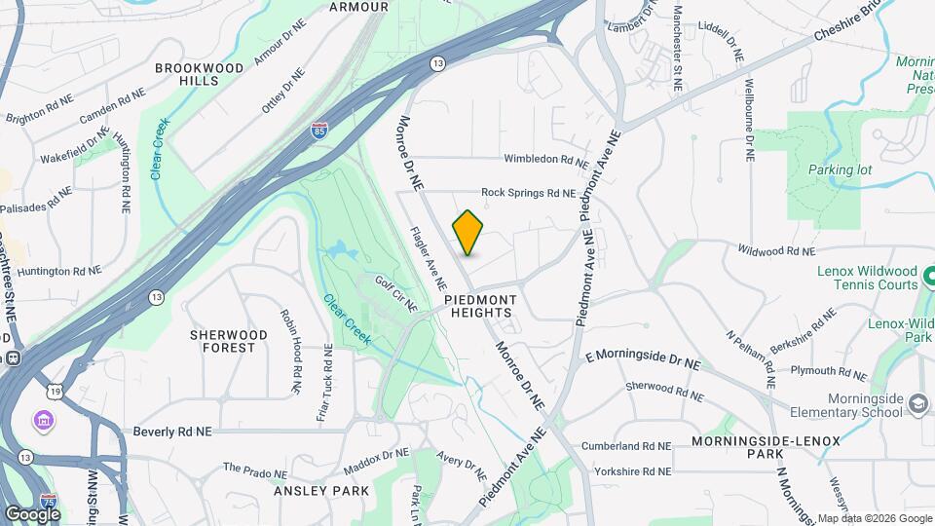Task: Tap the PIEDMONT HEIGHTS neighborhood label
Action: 478,306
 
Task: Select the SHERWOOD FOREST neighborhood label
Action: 229,341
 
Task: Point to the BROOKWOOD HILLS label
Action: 199,75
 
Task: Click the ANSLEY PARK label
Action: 321,491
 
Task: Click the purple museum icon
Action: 44,421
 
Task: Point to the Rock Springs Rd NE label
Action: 528,193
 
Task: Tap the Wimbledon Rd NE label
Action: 545,159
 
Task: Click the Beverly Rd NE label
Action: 172,431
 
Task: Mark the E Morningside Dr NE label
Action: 643,357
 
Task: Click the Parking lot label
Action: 840,169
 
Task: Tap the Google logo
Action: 32,513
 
